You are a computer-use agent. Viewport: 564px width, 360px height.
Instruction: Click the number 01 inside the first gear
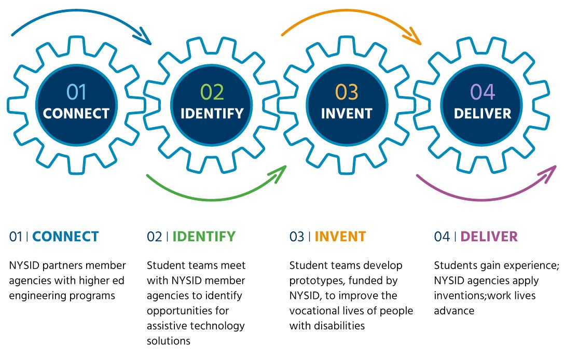coord(76,92)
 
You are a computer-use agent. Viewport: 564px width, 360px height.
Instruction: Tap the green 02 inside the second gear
coord(212,92)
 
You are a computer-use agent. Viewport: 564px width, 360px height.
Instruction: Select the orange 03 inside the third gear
coord(347,92)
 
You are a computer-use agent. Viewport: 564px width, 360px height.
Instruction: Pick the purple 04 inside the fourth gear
coord(483,92)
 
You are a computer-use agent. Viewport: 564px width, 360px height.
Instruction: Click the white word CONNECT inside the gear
coord(76,114)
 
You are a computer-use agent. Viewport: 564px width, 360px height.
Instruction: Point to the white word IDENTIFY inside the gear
coord(212,114)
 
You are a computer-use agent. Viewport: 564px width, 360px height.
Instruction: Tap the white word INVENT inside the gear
coord(347,114)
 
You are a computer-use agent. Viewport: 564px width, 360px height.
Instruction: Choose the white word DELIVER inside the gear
coord(483,114)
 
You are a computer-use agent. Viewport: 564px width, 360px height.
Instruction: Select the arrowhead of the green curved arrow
coord(280,174)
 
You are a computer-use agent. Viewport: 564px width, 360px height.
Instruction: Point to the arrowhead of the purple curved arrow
coord(550,174)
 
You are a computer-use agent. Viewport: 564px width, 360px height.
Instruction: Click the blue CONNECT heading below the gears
coord(65,237)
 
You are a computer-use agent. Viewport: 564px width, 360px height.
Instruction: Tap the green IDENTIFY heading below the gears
coord(204,237)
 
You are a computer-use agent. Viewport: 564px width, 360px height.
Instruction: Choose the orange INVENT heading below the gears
coord(340,237)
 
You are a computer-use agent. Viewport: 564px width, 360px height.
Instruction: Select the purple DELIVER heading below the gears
coord(489,237)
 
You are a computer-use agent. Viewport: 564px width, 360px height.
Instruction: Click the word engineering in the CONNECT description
coord(37,296)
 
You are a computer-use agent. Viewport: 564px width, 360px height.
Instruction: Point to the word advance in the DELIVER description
coord(454,311)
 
